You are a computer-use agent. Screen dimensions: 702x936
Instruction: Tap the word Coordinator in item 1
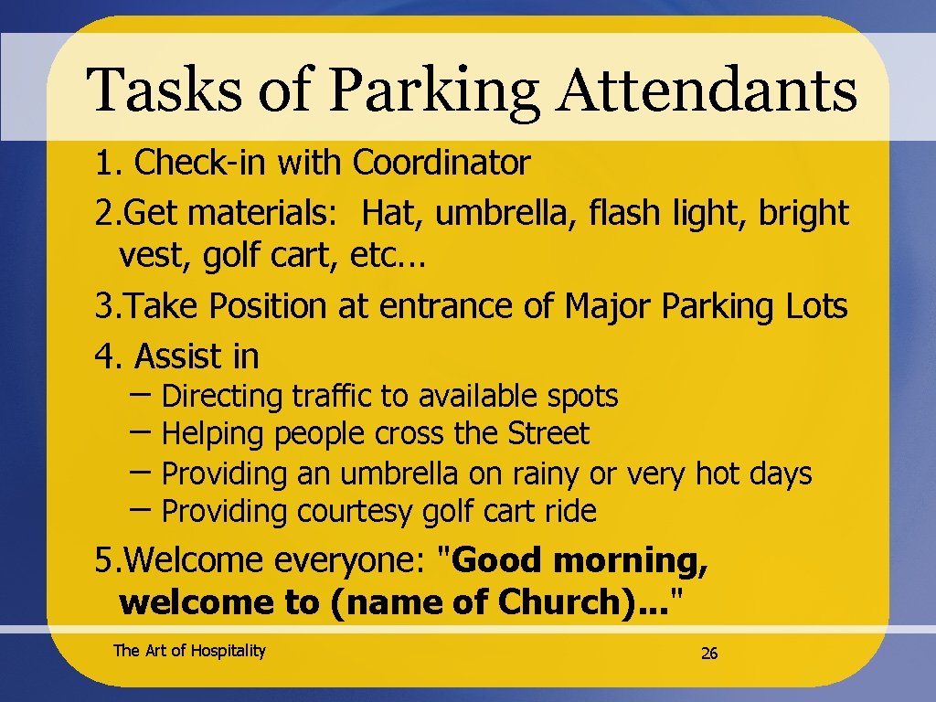click(441, 164)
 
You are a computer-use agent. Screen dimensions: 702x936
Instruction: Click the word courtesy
click(355, 512)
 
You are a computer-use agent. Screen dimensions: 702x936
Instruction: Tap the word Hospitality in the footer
click(228, 651)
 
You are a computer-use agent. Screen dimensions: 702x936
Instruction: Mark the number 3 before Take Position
click(103, 307)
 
